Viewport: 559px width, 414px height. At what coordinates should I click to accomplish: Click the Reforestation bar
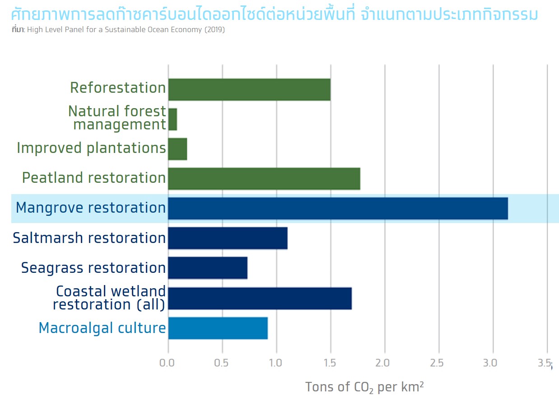[249, 90]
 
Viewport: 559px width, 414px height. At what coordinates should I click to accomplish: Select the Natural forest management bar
[172, 119]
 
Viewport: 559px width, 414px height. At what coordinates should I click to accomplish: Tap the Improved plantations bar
[178, 149]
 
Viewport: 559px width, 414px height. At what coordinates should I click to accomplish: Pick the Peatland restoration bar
[264, 179]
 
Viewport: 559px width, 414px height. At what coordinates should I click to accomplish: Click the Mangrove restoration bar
[338, 209]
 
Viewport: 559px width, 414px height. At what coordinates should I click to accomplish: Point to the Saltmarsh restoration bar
[228, 238]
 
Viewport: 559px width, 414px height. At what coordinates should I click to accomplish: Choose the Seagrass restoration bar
[208, 268]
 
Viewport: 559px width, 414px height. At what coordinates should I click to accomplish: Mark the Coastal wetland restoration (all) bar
[260, 298]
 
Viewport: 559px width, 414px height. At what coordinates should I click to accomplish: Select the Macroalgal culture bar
[218, 328]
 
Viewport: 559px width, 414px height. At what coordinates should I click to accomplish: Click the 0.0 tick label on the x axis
[167, 363]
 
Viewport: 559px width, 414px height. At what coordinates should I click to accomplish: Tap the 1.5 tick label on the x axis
[330, 363]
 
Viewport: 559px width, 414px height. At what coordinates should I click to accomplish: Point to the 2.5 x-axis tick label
[437, 363]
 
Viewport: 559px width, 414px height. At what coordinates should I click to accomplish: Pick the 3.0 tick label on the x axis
[490, 363]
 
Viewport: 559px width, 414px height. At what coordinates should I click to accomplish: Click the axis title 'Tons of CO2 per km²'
[364, 387]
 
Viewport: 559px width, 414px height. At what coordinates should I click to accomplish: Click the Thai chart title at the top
[275, 14]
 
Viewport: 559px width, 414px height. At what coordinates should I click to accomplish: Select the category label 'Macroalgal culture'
[102, 328]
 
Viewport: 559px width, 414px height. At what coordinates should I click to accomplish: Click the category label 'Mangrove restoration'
[91, 208]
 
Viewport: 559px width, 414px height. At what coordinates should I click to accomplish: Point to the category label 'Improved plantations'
[91, 148]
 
